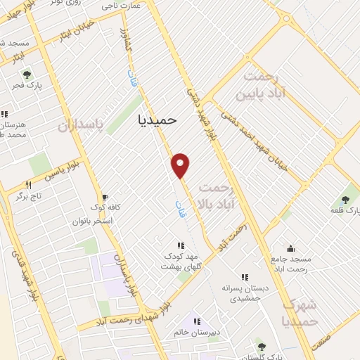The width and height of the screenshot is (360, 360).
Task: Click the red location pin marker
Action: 181,165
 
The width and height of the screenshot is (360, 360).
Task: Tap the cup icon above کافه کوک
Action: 105,198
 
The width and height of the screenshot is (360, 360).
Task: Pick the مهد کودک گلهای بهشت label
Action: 181,261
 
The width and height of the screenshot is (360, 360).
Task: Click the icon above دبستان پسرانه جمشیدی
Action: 244,277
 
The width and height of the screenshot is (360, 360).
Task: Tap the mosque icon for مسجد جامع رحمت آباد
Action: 290,248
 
